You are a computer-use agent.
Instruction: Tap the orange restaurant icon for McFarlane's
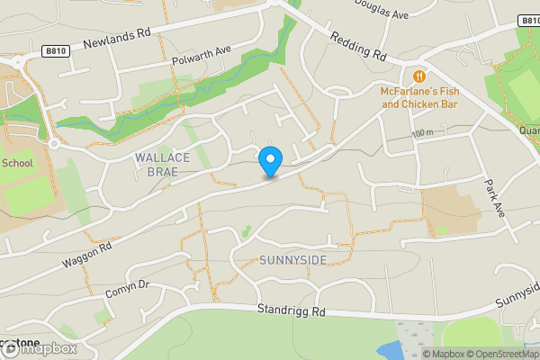[419, 76]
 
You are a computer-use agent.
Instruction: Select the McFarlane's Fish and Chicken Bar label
[419, 98]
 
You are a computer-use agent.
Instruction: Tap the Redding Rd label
[358, 46]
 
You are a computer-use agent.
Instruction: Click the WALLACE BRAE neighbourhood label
[162, 165]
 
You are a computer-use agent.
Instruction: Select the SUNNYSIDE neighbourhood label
[292, 260]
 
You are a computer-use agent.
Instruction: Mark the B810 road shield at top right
[529, 20]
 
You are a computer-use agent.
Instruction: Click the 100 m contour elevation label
[422, 134]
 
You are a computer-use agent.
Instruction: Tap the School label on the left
[16, 163]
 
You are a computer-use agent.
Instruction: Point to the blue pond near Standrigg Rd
[391, 349]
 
